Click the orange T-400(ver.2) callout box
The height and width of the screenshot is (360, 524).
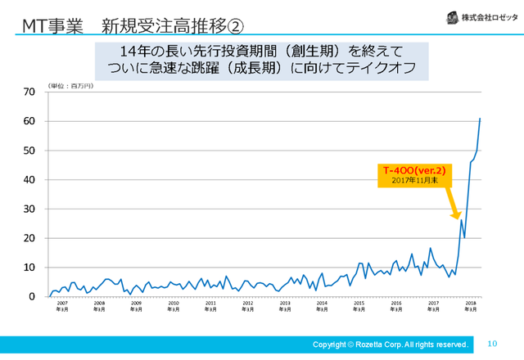pyautogui.click(x=414, y=174)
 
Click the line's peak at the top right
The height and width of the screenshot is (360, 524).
pyautogui.click(x=480, y=119)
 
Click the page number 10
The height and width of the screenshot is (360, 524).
pyautogui.click(x=492, y=344)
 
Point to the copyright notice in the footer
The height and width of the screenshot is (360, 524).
pyautogui.click(x=391, y=344)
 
